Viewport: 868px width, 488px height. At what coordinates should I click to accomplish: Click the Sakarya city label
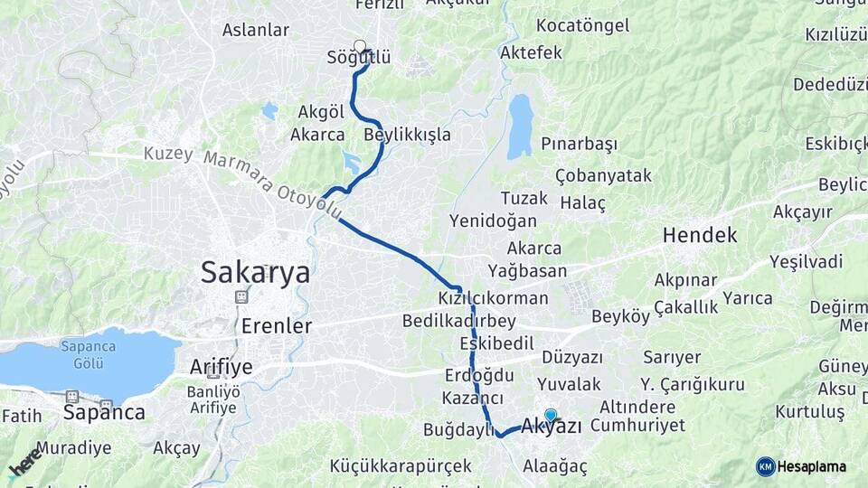255,272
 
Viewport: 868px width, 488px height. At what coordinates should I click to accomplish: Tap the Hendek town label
699,236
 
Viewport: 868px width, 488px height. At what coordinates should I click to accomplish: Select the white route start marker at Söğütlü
360,46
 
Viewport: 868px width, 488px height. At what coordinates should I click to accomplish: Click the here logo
24,461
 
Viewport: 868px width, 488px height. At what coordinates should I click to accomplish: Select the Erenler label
277,325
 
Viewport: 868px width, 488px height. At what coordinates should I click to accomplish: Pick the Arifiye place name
222,367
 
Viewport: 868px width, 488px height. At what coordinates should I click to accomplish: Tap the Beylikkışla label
407,135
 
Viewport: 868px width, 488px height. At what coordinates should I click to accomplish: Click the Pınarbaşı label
579,145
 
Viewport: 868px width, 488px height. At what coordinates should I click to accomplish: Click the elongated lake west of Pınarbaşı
519,126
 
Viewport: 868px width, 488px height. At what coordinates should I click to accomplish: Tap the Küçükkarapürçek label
401,466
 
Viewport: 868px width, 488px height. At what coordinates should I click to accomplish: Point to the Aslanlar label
256,30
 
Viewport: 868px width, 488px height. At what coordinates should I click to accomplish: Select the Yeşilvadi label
806,262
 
